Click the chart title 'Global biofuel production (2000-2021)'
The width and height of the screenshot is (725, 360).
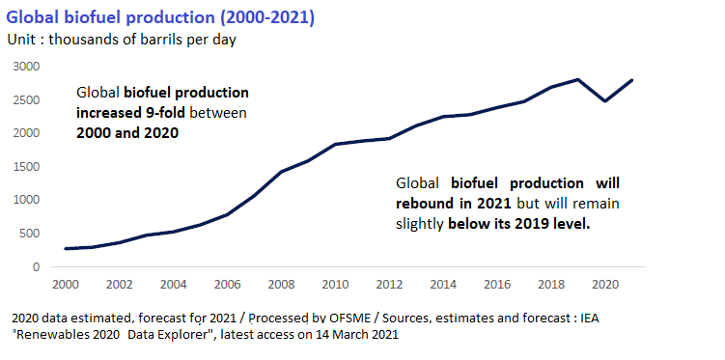tap(160, 17)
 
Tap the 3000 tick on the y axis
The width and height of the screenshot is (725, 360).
tap(27, 67)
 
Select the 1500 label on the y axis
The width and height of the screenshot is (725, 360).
tap(27, 167)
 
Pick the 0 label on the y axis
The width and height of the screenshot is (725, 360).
tap(37, 267)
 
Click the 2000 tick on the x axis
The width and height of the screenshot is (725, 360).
tap(66, 287)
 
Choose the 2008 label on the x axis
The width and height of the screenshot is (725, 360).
tap(280, 287)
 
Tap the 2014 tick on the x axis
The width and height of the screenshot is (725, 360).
tap(442, 287)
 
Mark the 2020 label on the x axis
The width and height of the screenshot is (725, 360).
tap(604, 287)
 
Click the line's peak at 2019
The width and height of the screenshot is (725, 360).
tap(577, 79)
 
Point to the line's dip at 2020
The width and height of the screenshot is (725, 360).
tap(604, 100)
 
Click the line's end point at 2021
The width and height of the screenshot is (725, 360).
tap(631, 80)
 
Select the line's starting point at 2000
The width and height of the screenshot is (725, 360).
tap(66, 249)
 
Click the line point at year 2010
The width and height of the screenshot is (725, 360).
tap(334, 144)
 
